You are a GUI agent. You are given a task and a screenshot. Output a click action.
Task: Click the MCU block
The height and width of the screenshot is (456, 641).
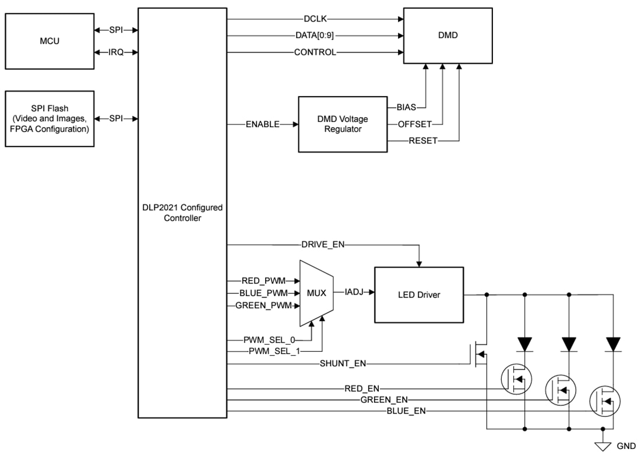pos(50,41)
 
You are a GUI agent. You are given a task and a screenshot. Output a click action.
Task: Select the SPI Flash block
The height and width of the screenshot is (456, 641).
pos(50,118)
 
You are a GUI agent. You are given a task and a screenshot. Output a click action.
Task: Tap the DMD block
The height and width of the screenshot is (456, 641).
pos(448,36)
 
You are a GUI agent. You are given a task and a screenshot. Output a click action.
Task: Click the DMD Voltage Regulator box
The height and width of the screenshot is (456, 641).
pos(343,124)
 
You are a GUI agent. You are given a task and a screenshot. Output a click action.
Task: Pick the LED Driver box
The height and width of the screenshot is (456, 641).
pos(418,295)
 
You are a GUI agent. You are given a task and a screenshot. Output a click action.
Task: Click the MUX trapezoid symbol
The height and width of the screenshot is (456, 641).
pos(316,293)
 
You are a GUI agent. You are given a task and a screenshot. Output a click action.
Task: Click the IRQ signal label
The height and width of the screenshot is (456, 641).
pos(117,52)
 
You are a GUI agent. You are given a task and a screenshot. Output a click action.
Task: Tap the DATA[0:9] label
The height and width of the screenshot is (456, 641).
pos(315,36)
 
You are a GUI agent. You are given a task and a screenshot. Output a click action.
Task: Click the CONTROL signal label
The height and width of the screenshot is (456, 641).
pos(315,52)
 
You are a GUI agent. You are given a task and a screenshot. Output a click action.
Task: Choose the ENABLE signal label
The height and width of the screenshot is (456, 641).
pos(262,124)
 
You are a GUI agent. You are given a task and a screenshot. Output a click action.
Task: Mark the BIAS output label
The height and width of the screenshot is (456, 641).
pos(406,107)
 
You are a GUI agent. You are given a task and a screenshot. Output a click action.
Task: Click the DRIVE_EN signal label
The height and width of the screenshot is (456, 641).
pos(322,244)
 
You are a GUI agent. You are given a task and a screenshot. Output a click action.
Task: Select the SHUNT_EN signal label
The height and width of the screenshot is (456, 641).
pos(343,364)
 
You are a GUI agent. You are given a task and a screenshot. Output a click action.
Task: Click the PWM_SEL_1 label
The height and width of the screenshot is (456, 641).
pos(273,351)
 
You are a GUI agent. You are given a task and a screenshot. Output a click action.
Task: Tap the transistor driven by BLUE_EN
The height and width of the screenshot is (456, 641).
pos(605,401)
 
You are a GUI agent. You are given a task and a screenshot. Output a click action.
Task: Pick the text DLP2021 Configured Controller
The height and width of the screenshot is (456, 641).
pos(182,213)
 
